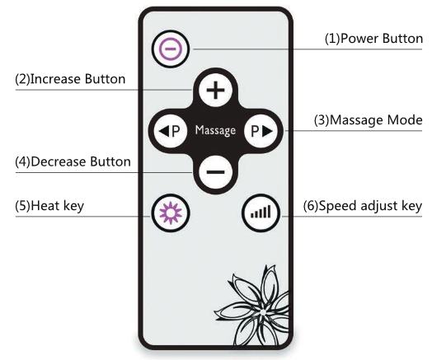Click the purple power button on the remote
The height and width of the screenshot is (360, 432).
(x=171, y=49)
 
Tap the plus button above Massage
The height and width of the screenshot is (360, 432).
(x=215, y=90)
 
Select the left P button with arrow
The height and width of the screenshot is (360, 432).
(x=171, y=131)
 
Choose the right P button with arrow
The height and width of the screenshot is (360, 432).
(x=261, y=131)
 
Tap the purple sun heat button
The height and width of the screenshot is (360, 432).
(x=171, y=213)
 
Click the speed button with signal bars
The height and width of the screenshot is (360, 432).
(x=261, y=213)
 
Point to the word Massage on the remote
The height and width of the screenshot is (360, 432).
(x=215, y=130)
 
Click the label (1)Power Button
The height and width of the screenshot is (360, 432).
(x=373, y=39)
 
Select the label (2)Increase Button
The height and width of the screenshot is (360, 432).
(x=70, y=79)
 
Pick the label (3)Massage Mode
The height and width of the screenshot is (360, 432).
(x=368, y=120)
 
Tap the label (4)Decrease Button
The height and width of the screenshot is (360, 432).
(x=73, y=161)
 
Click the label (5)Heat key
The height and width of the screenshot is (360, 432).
(x=49, y=206)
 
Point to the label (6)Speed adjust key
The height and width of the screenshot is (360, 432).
(x=363, y=206)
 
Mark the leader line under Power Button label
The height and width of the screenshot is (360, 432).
(x=308, y=49)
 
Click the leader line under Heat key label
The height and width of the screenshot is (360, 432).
(x=83, y=217)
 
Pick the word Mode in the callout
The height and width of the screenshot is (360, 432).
(x=405, y=120)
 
